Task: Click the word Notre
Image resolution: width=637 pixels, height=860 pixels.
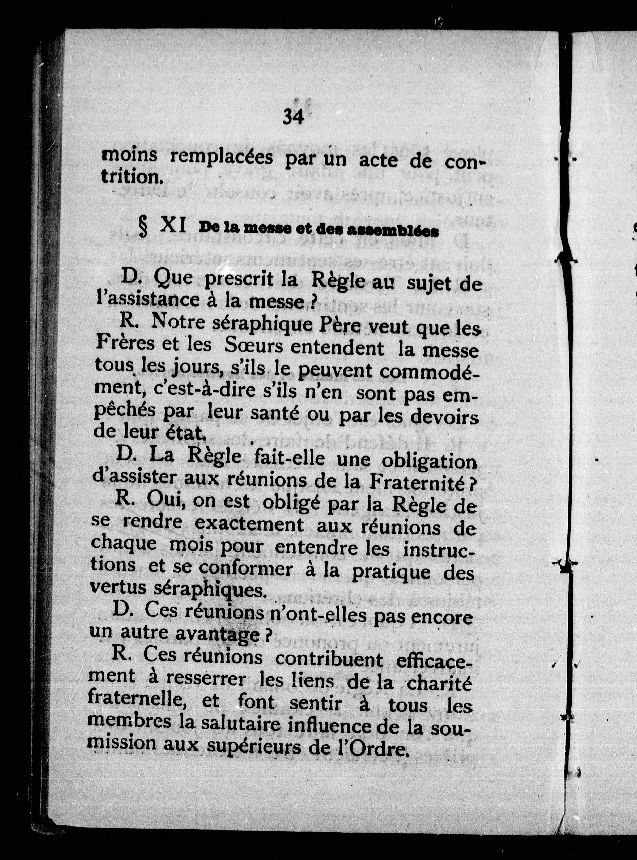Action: (179, 322)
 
